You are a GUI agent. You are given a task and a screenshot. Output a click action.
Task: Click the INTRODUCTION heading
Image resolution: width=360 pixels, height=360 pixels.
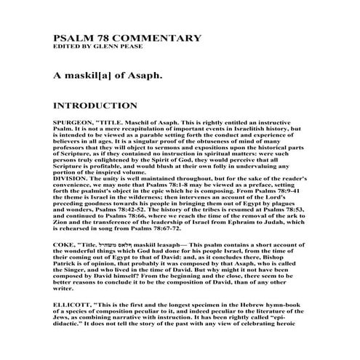pyautogui.click(x=95, y=105)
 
